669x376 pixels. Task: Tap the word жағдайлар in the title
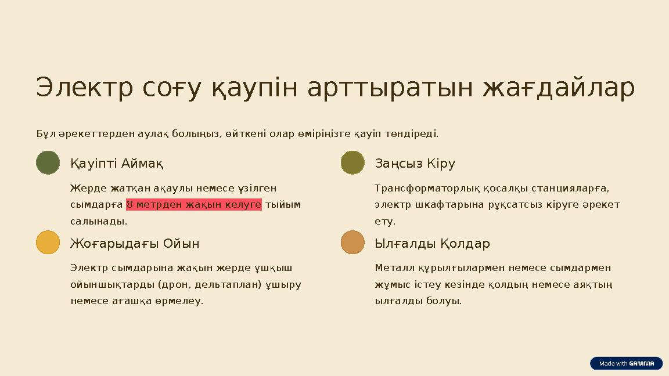click(559, 88)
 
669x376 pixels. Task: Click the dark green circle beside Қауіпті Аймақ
click(48, 163)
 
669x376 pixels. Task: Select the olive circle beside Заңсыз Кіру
click(353, 163)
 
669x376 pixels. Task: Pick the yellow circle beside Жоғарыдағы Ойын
click(48, 243)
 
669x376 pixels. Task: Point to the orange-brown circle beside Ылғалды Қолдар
click(353, 243)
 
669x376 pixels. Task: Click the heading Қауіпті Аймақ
click(117, 164)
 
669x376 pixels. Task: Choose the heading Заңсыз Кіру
click(415, 164)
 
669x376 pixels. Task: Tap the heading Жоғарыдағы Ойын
click(135, 243)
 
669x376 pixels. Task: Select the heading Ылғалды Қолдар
click(432, 243)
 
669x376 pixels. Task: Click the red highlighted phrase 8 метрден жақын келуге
click(194, 205)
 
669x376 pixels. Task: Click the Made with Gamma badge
click(626, 363)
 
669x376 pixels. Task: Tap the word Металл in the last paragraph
click(393, 268)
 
